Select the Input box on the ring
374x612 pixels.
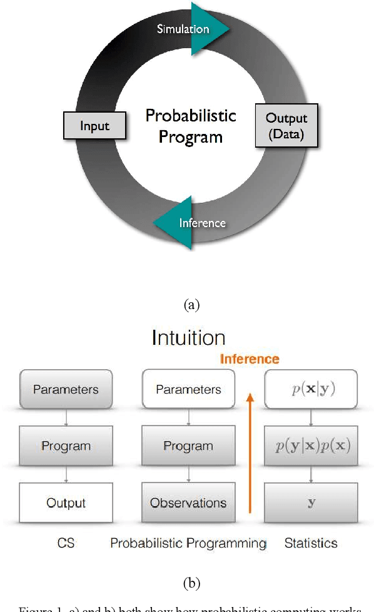[94, 126]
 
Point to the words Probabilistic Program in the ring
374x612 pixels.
[190, 126]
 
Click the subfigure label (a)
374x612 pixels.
[191, 305]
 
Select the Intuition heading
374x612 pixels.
[188, 338]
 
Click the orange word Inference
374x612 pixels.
[249, 359]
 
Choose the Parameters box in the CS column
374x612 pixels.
[66, 389]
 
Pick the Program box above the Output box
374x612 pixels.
[66, 446]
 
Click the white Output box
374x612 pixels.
[66, 502]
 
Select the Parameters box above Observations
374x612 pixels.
[188, 389]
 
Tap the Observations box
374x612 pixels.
[188, 502]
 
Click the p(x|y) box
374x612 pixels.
[311, 389]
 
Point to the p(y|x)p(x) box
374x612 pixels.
[311, 446]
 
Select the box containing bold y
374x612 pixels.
[311, 502]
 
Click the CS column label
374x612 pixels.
[66, 543]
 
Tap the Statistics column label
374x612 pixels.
[311, 543]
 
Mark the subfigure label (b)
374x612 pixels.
[191, 583]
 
